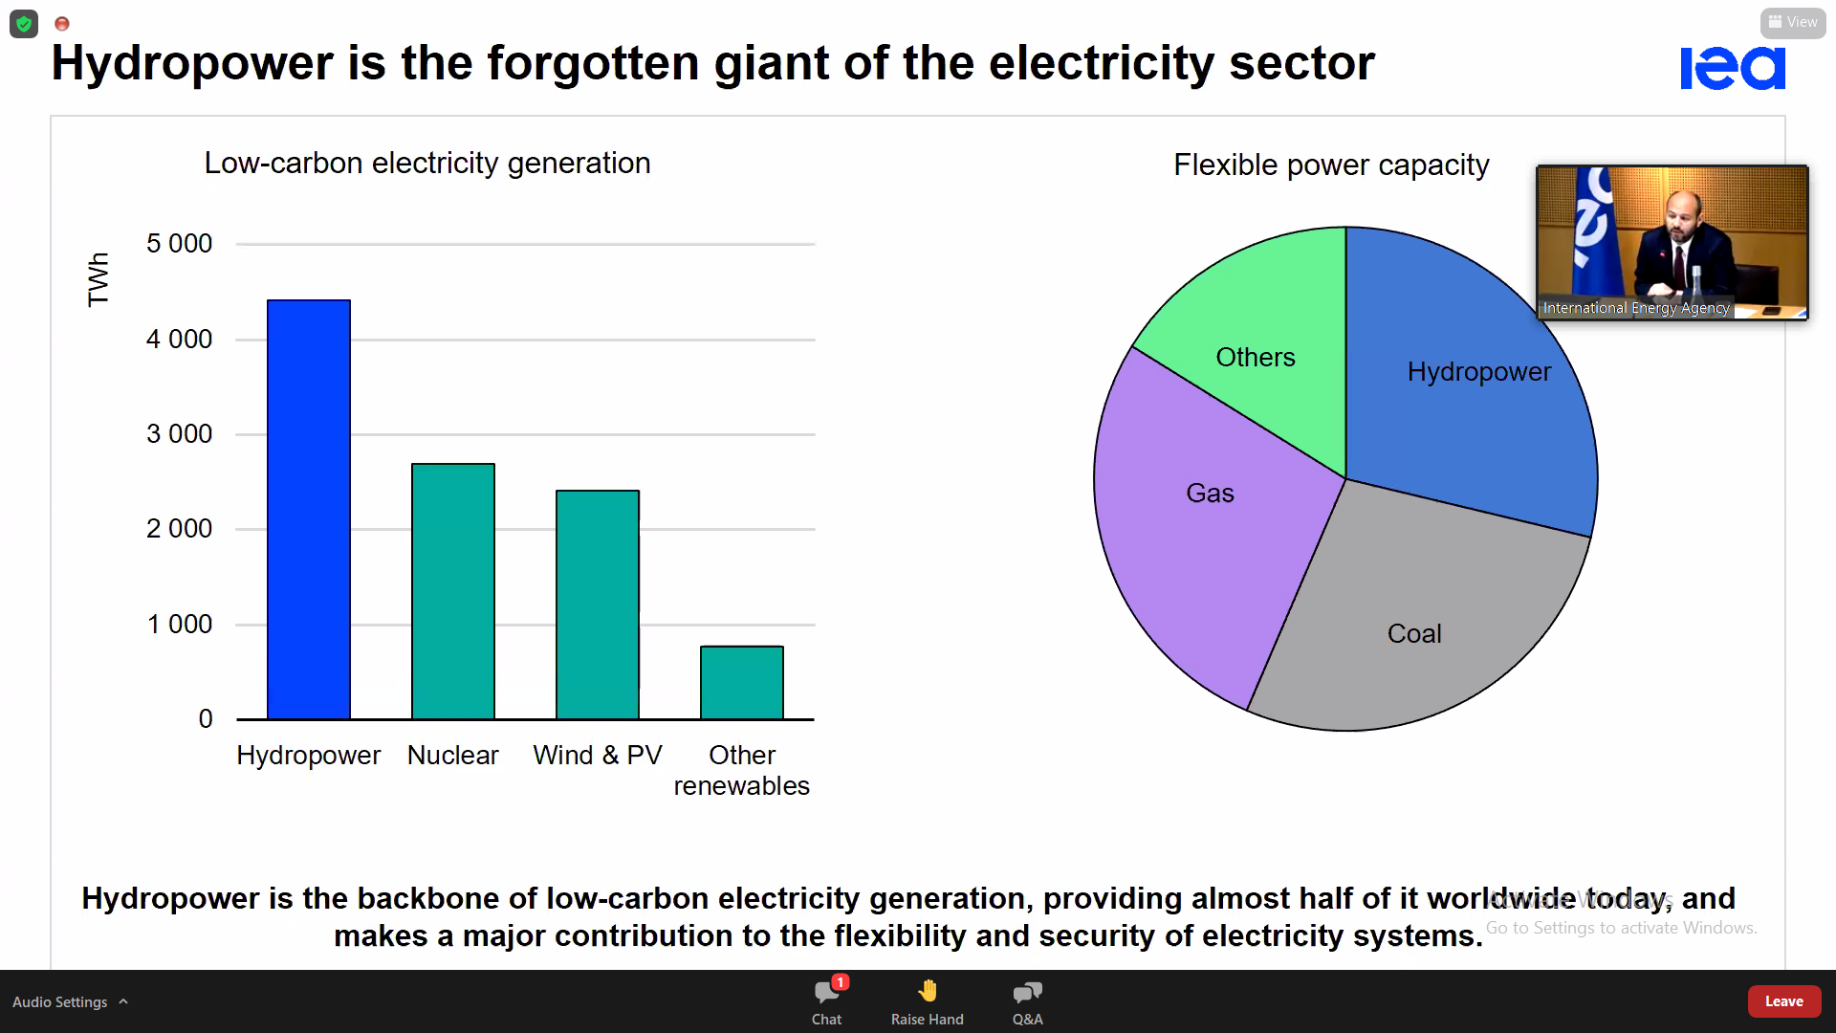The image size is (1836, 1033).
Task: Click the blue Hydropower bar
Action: click(x=308, y=509)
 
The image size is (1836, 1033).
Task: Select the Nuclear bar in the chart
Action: click(x=452, y=591)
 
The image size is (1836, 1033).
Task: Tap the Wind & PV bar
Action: click(x=597, y=604)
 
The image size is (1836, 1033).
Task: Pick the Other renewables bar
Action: click(x=741, y=682)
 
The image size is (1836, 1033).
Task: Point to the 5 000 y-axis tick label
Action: click(x=179, y=244)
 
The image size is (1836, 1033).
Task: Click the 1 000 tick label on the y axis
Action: click(x=179, y=625)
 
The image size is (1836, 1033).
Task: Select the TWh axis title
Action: click(x=98, y=279)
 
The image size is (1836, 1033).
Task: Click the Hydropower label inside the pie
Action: click(x=1478, y=372)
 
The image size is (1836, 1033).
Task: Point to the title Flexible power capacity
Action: click(x=1330, y=165)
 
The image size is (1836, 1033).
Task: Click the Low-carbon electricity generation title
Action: click(x=426, y=164)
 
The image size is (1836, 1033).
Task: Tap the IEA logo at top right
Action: click(x=1732, y=68)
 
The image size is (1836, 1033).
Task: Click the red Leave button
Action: click(x=1783, y=1001)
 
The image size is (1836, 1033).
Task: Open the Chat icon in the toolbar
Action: click(x=827, y=993)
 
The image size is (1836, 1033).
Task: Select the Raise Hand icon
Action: click(x=927, y=993)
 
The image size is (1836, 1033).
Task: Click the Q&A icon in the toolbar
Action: click(x=1027, y=993)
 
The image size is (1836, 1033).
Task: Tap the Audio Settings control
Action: click(x=60, y=1001)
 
